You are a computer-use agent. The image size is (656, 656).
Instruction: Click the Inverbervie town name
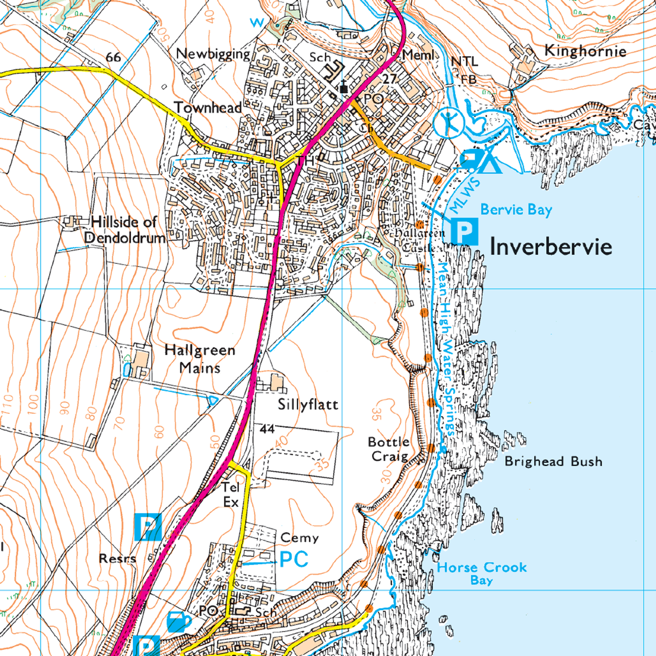(550, 247)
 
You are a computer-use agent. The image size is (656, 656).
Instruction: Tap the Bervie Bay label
(516, 210)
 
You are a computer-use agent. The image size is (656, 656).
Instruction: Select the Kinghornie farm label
(585, 51)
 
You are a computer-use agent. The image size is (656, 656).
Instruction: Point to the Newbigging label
(213, 54)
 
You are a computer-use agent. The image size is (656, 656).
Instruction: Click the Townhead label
(208, 108)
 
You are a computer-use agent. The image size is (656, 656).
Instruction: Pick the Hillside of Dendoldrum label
(125, 230)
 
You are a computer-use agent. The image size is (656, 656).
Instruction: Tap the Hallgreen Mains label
(200, 359)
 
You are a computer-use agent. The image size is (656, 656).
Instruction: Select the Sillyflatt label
(308, 404)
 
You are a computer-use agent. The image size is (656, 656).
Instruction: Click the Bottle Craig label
(389, 449)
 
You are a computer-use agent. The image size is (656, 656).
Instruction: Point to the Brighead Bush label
(553, 461)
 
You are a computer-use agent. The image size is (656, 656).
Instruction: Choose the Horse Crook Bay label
(482, 573)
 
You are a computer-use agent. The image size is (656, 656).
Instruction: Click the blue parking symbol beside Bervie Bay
(464, 232)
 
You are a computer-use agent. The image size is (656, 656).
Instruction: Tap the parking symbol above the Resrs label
(148, 527)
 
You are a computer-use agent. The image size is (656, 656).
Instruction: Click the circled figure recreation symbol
(449, 123)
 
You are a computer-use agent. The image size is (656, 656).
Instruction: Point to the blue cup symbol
(178, 622)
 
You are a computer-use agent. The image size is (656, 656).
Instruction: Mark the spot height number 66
(113, 57)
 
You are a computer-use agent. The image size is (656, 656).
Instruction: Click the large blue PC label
(294, 559)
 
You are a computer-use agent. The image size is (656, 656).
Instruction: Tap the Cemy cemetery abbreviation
(299, 538)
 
